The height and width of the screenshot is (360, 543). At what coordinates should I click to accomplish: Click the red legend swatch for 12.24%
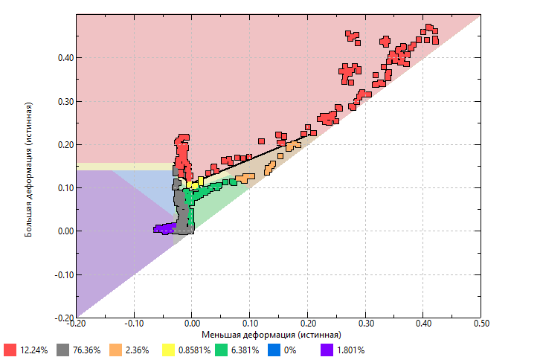click(x=10, y=350)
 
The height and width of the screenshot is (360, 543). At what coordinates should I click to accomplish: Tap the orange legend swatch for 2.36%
click(x=116, y=350)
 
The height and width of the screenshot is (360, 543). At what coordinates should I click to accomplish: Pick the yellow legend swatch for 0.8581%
click(x=169, y=350)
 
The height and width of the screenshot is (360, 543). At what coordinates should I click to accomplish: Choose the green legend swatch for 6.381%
click(x=222, y=350)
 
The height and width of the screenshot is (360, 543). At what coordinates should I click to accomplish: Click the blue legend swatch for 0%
click(x=274, y=350)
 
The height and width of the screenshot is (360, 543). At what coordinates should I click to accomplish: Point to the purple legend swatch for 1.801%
click(x=327, y=350)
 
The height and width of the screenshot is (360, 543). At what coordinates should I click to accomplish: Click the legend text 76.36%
click(x=86, y=350)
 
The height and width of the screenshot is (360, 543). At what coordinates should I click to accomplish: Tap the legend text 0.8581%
click(x=195, y=350)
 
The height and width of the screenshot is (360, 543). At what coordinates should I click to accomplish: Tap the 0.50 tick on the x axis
click(x=481, y=324)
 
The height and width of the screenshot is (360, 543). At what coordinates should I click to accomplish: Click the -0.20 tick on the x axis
click(x=76, y=324)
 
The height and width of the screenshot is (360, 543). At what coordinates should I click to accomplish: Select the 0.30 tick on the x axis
click(x=365, y=324)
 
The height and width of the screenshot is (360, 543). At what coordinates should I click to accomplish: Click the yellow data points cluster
click(x=195, y=182)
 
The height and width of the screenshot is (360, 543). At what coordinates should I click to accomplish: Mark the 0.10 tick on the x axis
click(x=249, y=324)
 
